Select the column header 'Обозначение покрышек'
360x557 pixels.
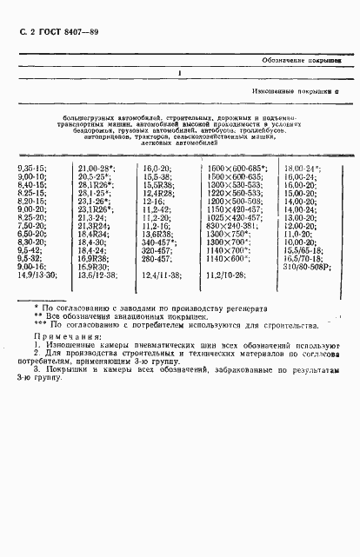[x=300, y=61]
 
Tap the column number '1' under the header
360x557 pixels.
[x=179, y=75]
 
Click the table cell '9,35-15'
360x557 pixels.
[x=32, y=168]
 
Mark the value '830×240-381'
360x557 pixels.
[x=228, y=225]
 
